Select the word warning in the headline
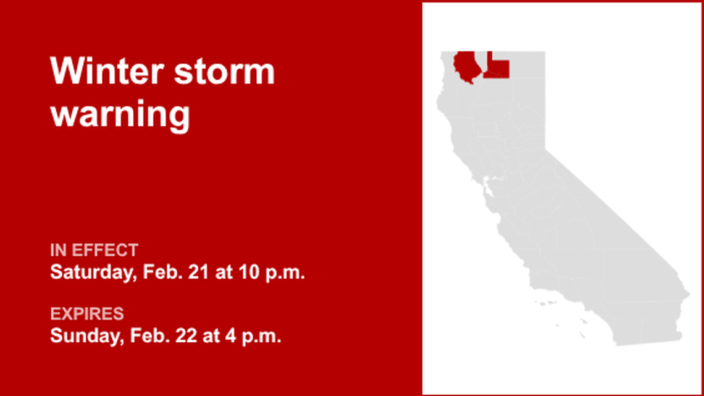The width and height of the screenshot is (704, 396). coord(120,114)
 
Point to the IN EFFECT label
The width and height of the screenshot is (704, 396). coord(94,251)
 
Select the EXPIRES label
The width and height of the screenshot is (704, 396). coord(87,314)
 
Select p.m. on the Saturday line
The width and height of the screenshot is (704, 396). coord(285,272)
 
